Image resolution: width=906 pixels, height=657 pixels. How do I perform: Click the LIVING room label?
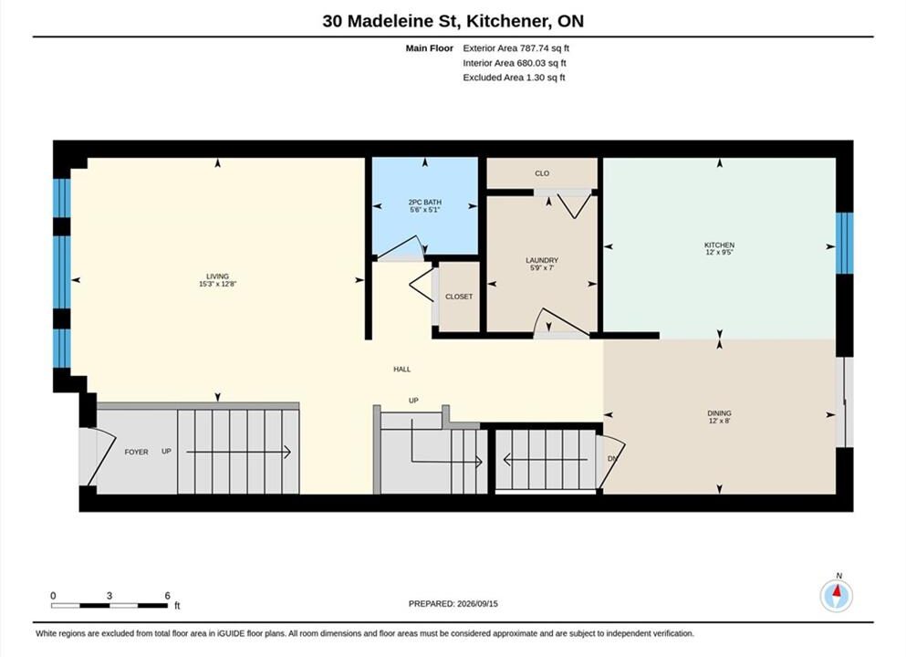pyautogui.click(x=218, y=276)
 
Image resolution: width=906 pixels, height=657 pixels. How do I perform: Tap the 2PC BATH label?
pyautogui.click(x=424, y=203)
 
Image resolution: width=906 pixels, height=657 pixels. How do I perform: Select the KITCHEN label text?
pyautogui.click(x=719, y=245)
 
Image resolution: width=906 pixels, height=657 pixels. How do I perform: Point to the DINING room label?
pyautogui.click(x=719, y=413)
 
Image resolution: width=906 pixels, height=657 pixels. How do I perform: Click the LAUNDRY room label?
pyautogui.click(x=542, y=261)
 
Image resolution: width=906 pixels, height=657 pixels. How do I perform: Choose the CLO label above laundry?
pyautogui.click(x=542, y=173)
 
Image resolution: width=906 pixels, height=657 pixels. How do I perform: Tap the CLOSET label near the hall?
pyautogui.click(x=459, y=297)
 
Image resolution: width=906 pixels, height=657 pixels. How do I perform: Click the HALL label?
pyautogui.click(x=402, y=370)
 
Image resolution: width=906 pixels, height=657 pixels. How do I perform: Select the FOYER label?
pyautogui.click(x=136, y=452)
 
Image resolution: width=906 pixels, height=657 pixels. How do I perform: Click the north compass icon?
pyautogui.click(x=836, y=595)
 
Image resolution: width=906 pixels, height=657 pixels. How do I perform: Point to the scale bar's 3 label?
pyautogui.click(x=109, y=596)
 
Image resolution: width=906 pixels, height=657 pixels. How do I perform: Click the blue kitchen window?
pyautogui.click(x=844, y=243)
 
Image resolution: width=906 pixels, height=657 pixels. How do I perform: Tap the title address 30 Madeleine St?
pyautogui.click(x=391, y=21)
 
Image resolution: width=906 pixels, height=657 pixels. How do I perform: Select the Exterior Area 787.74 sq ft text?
pyautogui.click(x=516, y=48)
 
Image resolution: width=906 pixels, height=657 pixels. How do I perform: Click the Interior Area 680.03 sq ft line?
pyautogui.click(x=515, y=63)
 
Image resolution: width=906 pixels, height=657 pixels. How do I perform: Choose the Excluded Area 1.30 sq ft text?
pyautogui.click(x=514, y=78)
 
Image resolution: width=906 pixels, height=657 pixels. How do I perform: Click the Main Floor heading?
pyautogui.click(x=430, y=48)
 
